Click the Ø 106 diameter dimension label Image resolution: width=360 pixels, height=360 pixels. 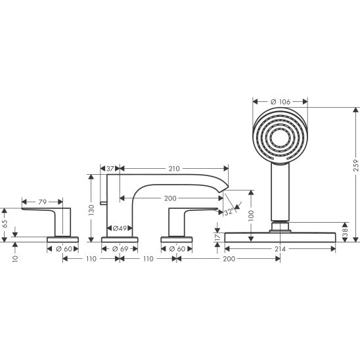click(280, 101)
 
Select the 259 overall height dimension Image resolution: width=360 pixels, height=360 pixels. click(355, 166)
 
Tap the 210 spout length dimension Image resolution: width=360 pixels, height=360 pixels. click(174, 169)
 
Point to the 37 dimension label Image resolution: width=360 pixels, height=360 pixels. click(110, 169)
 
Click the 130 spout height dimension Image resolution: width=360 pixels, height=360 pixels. click(91, 210)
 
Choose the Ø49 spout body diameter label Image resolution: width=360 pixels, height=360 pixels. click(120, 228)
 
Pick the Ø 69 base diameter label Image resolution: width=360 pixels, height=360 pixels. click(120, 249)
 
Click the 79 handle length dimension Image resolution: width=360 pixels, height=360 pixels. click(42, 202)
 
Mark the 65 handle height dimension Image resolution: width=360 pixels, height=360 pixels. click(5, 223)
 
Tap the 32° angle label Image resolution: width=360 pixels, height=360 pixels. click(229, 212)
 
